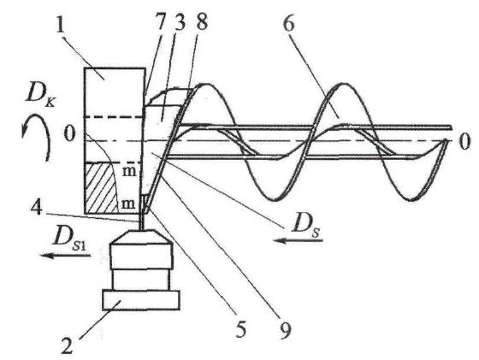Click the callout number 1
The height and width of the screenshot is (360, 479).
point(61,22)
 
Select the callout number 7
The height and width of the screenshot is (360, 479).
point(160,22)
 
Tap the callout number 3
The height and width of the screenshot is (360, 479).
point(180,22)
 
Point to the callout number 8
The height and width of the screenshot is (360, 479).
point(202,21)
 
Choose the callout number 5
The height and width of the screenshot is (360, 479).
point(241,328)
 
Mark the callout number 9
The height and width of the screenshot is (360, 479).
point(284,330)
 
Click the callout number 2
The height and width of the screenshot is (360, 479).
point(67,345)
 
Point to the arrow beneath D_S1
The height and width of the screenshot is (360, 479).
point(65,256)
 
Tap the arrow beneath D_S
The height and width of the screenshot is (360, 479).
point(299,241)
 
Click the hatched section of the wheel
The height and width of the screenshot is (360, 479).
point(100,188)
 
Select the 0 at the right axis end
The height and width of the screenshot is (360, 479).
point(464,142)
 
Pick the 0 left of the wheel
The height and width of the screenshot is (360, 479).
point(69,134)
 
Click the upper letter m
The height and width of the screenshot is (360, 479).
point(129,171)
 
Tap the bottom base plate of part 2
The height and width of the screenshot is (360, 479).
point(140,300)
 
